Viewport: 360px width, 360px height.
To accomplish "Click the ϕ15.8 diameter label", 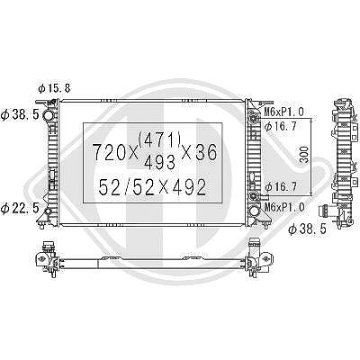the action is click(x=54, y=88).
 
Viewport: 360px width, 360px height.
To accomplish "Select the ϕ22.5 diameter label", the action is click(x=20, y=208).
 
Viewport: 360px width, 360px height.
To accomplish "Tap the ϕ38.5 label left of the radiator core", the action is click(x=20, y=114).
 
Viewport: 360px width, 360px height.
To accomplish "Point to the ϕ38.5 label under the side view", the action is click(x=307, y=229).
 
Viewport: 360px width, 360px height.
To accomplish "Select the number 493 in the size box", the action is click(x=160, y=163).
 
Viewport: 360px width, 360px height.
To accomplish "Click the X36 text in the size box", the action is click(x=200, y=152).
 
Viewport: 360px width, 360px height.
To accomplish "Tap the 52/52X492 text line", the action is click(x=153, y=187).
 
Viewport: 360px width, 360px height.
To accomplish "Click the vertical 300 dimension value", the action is click(x=304, y=155).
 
